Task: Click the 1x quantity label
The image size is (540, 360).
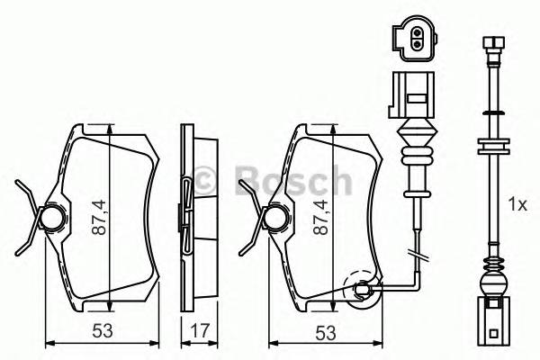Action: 517,205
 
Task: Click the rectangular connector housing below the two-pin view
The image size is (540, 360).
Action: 411,94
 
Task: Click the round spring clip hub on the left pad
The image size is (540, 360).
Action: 53,216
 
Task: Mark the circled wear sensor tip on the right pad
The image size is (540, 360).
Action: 362,289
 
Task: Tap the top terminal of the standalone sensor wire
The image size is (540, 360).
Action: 492,43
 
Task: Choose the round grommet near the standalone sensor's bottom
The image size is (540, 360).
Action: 492,287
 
